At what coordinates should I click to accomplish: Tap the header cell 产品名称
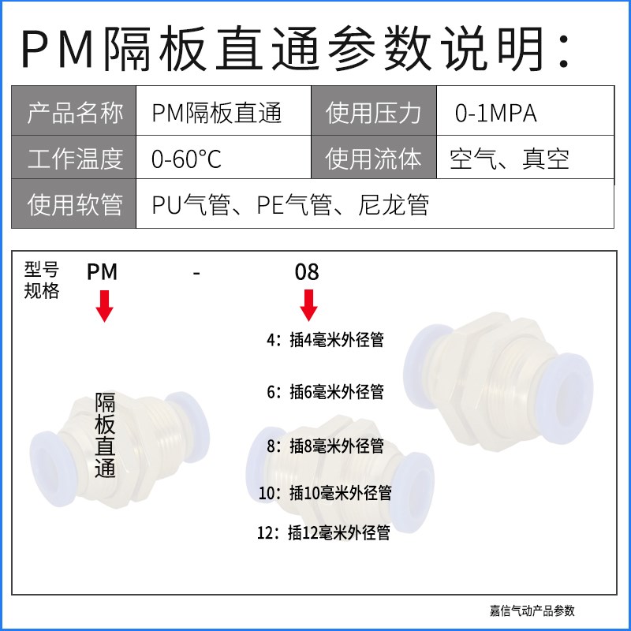coord(75,114)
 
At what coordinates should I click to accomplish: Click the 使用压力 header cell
coord(374,114)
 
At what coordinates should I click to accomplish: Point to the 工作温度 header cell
coord(75,159)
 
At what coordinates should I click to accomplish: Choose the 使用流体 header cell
coord(374,159)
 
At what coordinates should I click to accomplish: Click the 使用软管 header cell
coord(75,205)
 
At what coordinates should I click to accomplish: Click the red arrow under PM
coord(103,306)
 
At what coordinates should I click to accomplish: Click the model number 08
coord(307,273)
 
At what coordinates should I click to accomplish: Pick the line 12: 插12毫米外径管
coord(323,533)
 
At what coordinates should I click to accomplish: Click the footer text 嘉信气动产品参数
coord(532,610)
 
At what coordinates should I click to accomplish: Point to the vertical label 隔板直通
coord(105,435)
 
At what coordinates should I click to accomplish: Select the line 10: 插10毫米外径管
coord(325,493)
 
